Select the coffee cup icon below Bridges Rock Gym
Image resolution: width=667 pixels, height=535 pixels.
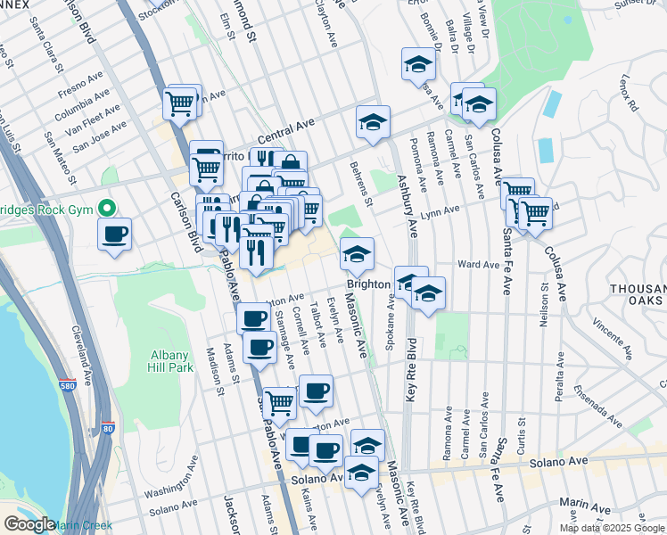click(x=115, y=235)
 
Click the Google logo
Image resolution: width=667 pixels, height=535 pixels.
click(x=29, y=524)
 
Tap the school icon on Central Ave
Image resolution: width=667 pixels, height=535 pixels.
click(x=374, y=124)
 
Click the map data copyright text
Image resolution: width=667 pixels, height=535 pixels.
click(x=611, y=528)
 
